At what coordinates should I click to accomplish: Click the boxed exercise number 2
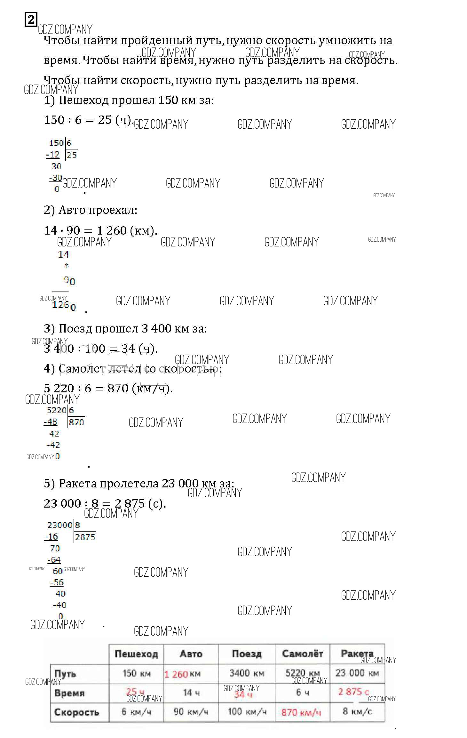[31, 20]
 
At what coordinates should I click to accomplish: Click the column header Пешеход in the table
[136, 654]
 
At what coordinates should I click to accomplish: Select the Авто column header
[191, 654]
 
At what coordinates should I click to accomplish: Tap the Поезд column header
[247, 654]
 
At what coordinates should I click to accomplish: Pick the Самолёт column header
[302, 654]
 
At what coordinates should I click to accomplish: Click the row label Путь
[65, 674]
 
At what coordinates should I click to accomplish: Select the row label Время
[69, 693]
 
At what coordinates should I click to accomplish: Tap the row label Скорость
[76, 712]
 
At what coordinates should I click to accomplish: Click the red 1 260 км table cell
[182, 674]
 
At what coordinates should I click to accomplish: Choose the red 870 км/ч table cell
[301, 713]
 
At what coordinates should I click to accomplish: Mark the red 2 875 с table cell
[353, 692]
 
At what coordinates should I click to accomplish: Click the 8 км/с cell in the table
[357, 711]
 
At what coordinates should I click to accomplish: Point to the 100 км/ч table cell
[247, 712]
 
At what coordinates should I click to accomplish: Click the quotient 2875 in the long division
[85, 537]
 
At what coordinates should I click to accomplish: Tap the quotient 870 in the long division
[76, 422]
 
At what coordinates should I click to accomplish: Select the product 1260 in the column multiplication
[64, 305]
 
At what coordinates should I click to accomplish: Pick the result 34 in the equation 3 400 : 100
[128, 349]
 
